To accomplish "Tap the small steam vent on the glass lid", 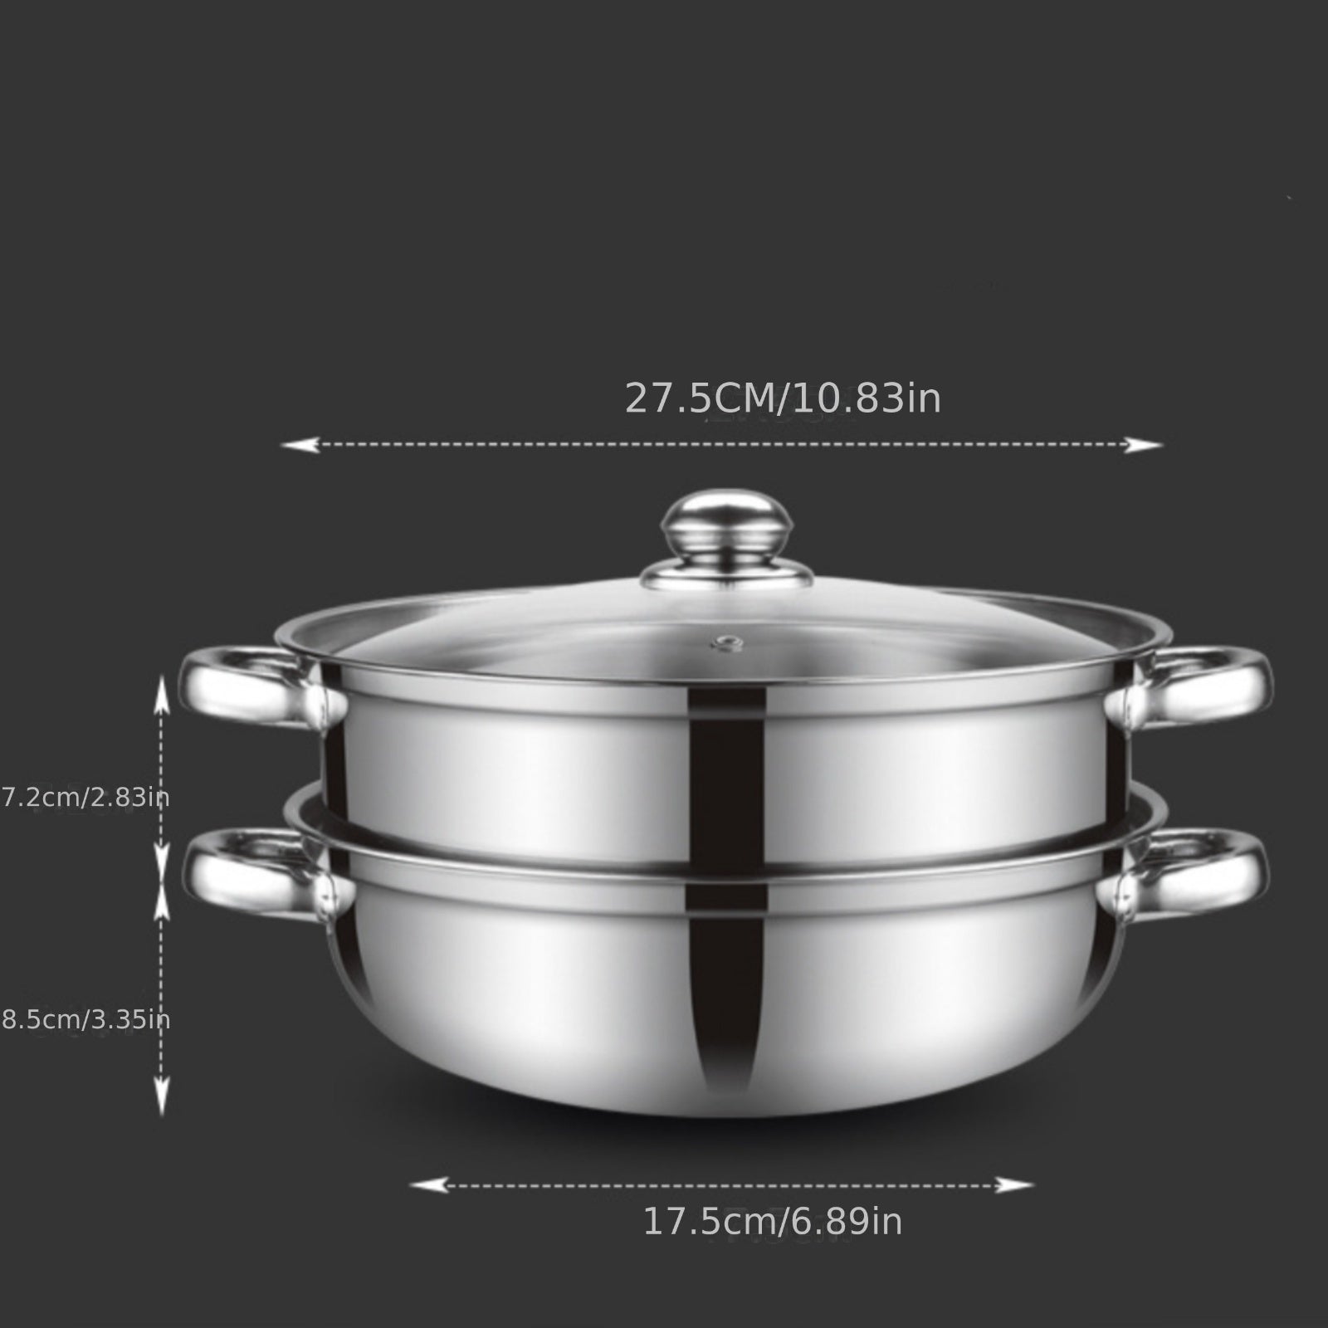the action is tap(728, 642).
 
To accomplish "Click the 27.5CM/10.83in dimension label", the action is tap(783, 398).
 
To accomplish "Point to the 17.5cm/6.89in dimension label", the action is tap(772, 1222).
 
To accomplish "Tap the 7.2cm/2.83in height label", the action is tap(85, 798).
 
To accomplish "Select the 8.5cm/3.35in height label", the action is tap(85, 1019).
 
